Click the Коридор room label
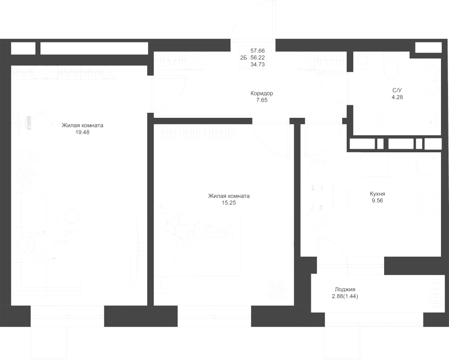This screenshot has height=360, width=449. [x=262, y=93]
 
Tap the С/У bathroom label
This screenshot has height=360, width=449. [x=397, y=90]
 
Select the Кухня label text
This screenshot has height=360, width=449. [x=378, y=194]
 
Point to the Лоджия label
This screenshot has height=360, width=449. [x=345, y=290]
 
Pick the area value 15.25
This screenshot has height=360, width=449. [x=229, y=203]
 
